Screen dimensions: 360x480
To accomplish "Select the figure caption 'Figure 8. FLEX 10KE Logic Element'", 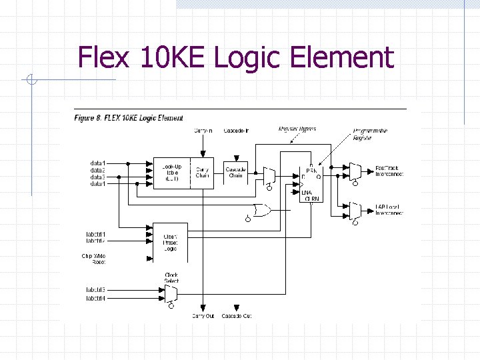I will (128, 118).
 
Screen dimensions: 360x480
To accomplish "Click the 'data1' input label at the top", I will (98, 163).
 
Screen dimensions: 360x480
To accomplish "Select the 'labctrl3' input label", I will (96, 290).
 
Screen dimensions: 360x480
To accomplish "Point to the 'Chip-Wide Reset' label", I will (94, 259).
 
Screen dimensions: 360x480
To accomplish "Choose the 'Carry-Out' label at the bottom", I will (203, 315).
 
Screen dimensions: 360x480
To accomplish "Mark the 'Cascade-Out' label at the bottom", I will (237, 315).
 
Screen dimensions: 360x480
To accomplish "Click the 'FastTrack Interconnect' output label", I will (389, 170).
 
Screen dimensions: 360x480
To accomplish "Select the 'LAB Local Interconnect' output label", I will (389, 210).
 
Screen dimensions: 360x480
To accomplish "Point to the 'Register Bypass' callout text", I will (297, 128).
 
